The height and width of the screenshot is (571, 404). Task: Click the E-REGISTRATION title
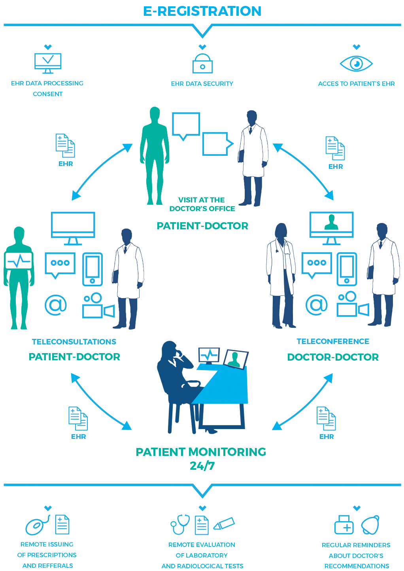(202, 11)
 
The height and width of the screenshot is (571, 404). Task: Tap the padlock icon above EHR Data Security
(202, 64)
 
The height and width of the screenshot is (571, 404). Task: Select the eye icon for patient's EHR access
(356, 63)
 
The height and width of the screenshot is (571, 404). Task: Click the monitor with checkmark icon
(48, 62)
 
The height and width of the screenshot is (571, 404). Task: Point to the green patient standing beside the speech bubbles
(155, 154)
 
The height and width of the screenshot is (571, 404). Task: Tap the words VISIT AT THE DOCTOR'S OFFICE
(202, 204)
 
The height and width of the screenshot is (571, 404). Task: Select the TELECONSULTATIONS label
(74, 342)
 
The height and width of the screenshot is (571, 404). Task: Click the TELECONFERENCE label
(333, 341)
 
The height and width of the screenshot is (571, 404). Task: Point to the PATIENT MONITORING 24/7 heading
(201, 458)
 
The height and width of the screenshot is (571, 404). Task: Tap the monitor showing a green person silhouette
(331, 225)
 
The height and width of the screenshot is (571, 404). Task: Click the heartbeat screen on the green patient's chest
(19, 261)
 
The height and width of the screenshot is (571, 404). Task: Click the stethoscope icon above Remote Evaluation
(180, 524)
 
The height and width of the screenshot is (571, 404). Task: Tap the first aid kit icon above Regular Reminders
(344, 525)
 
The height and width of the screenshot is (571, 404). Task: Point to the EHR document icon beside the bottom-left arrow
(78, 418)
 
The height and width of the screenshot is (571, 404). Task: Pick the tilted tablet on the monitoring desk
(236, 359)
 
